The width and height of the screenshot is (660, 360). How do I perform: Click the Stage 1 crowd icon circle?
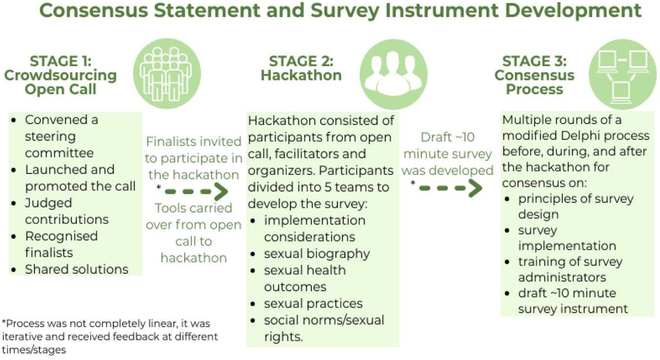(167, 74)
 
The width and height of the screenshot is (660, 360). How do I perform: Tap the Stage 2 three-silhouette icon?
(393, 74)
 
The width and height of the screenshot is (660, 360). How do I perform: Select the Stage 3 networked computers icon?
(622, 74)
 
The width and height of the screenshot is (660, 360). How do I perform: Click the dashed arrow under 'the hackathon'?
(196, 191)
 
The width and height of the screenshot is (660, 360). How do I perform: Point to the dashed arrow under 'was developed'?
(451, 188)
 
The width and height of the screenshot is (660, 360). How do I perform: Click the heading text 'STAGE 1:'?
(61, 61)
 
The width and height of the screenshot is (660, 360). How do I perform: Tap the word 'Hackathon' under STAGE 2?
(301, 75)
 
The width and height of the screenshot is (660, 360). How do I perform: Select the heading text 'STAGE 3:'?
(535, 61)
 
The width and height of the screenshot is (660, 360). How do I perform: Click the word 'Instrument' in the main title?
(442, 11)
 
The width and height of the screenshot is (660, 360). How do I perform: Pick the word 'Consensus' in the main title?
(94, 11)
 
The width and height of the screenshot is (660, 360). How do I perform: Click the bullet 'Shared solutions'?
(77, 269)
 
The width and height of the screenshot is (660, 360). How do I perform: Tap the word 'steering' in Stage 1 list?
(51, 137)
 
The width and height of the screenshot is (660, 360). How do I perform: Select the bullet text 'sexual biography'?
(317, 254)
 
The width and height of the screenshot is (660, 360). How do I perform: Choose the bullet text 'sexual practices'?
(313, 304)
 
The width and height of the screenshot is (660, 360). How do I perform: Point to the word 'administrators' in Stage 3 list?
(562, 277)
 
